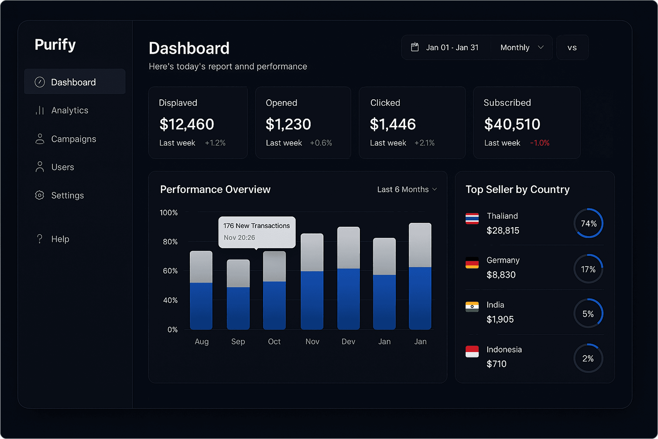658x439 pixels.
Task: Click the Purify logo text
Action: tap(55, 45)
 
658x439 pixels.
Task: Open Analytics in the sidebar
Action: tap(70, 110)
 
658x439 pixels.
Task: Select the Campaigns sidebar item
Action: tap(73, 139)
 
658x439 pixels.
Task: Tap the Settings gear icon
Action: tap(40, 195)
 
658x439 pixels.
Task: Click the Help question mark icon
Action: tap(40, 239)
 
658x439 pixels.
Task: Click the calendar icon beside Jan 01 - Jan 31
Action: tap(415, 47)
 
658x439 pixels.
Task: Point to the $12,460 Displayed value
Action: tap(187, 124)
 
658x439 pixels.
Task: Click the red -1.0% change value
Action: tap(540, 143)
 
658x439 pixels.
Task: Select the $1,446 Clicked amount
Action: tap(393, 124)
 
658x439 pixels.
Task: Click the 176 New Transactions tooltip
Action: tap(257, 232)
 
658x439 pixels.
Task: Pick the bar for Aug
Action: tap(201, 290)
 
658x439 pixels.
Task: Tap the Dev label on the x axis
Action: tap(348, 341)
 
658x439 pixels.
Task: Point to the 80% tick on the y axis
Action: tap(170, 242)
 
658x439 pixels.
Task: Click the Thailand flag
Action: tap(472, 218)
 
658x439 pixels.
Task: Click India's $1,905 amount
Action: tap(500, 319)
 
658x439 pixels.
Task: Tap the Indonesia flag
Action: tap(472, 351)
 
